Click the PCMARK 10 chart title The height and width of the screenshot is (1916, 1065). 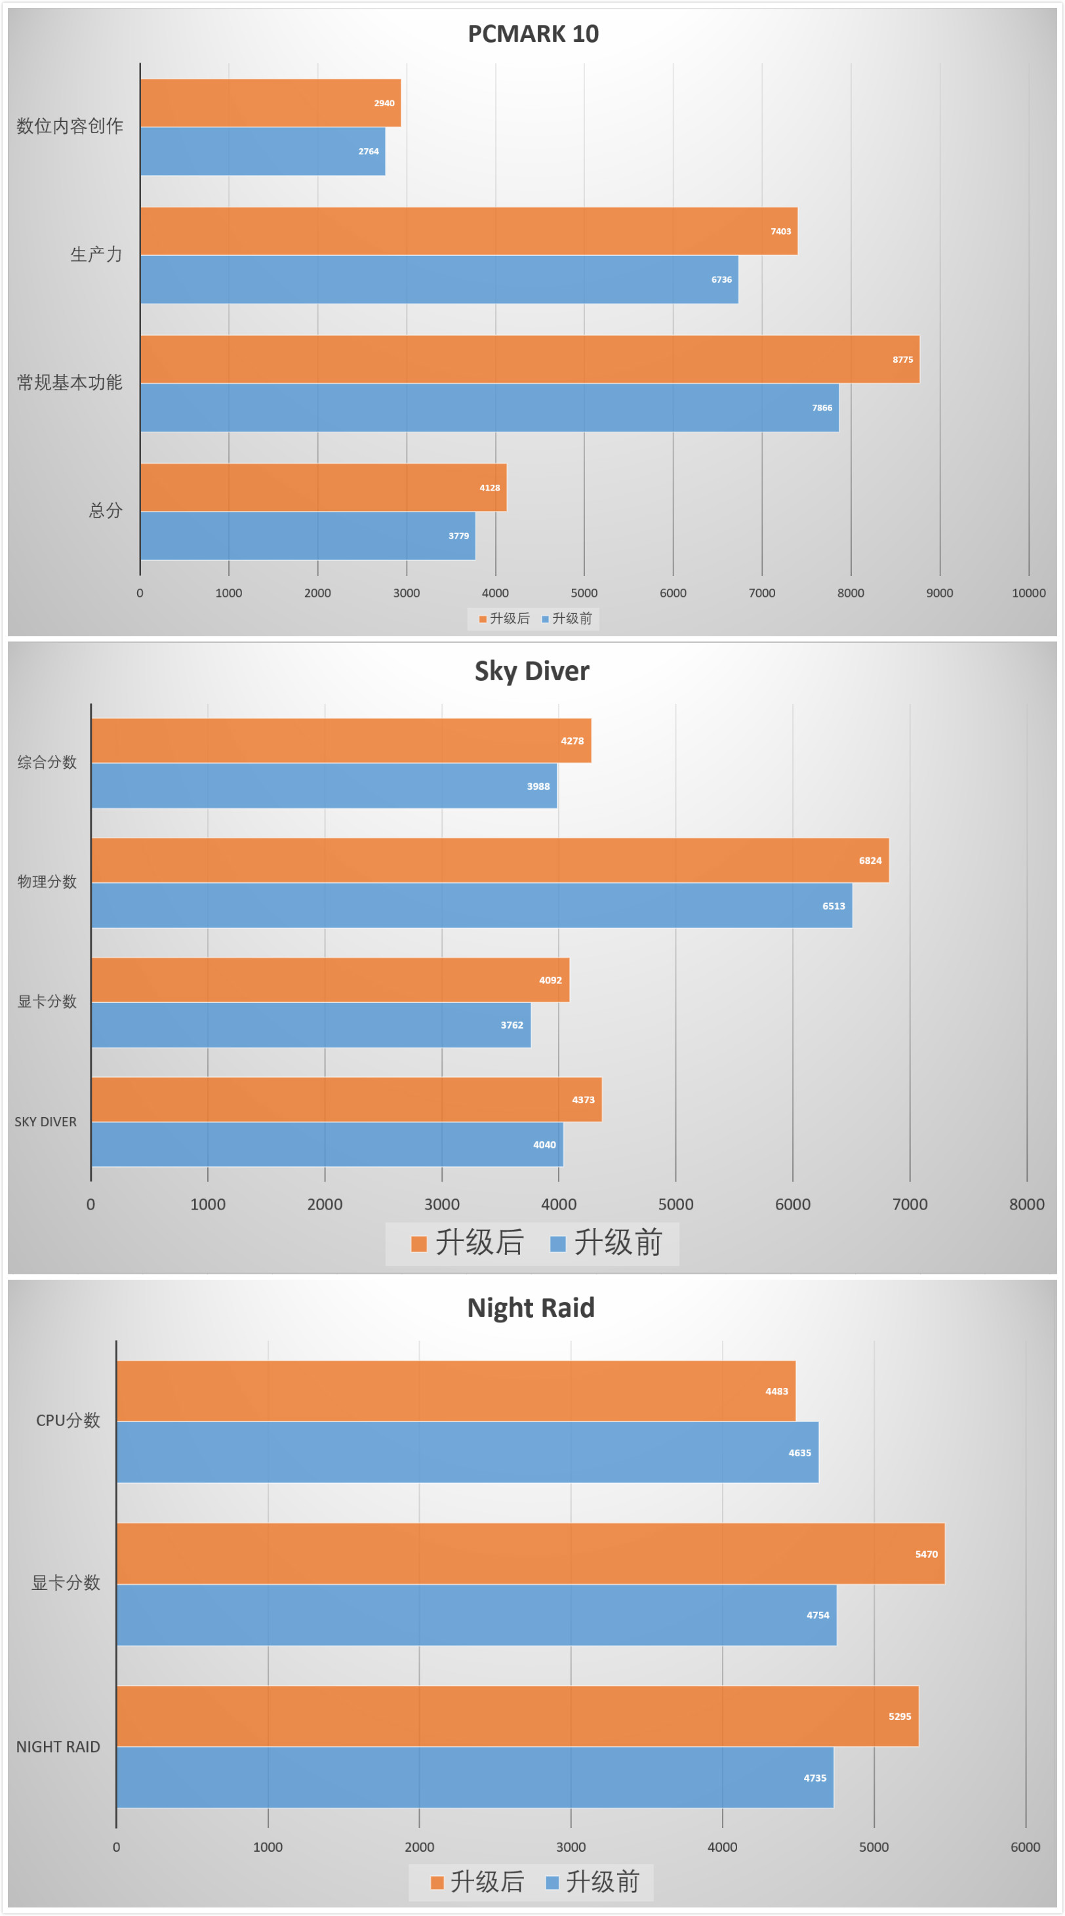click(532, 33)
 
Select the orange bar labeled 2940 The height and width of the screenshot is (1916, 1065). click(270, 102)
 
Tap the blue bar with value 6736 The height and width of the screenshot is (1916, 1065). click(439, 279)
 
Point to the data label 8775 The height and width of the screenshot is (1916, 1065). click(902, 360)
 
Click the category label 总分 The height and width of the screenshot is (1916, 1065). click(105, 511)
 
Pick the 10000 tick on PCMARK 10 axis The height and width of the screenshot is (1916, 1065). click(1028, 593)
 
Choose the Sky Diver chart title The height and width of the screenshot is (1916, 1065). click(532, 671)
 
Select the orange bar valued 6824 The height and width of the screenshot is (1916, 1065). click(489, 861)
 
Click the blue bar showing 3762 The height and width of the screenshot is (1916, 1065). click(311, 1025)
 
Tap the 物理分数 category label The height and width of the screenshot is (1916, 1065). click(47, 882)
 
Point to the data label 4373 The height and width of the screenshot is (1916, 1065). click(583, 1100)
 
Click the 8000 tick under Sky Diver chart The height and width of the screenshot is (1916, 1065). click(1026, 1204)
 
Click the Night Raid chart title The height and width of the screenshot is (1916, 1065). click(531, 1307)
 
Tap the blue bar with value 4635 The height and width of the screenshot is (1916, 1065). click(467, 1453)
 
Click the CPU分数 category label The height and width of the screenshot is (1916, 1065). click(68, 1421)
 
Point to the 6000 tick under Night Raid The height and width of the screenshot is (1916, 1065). click(1025, 1847)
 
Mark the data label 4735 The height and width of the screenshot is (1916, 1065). click(814, 1778)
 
